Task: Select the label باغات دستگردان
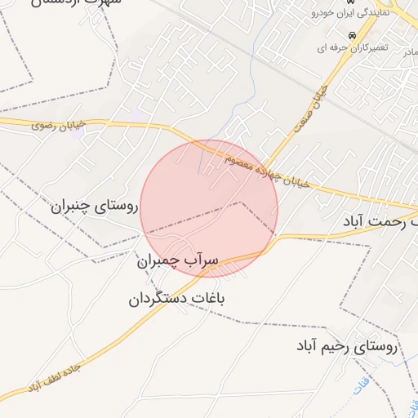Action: click(176, 299)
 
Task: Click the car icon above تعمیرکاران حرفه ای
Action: click(352, 37)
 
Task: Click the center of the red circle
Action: click(209, 209)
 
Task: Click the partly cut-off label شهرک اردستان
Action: click(78, 3)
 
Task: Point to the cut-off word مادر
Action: click(409, 51)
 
